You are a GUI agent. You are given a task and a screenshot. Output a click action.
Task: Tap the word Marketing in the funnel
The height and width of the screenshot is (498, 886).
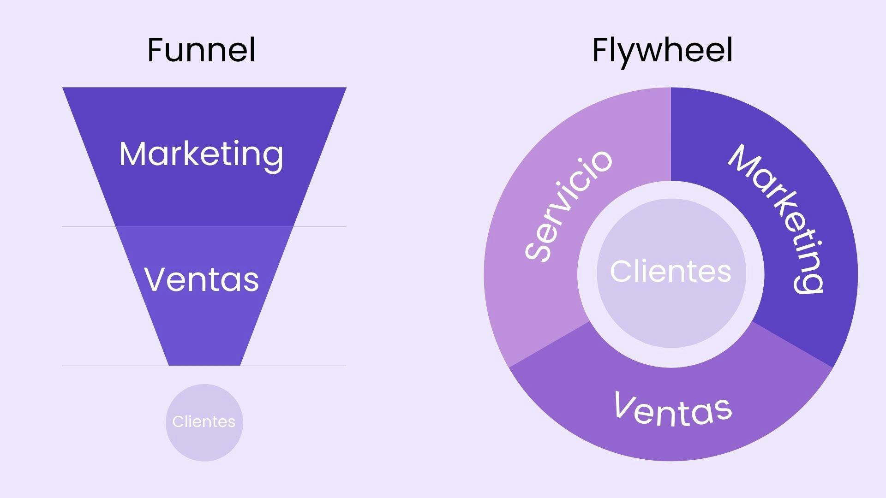[201, 154]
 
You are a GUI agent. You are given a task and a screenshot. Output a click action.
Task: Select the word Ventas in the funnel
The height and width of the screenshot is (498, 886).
[202, 279]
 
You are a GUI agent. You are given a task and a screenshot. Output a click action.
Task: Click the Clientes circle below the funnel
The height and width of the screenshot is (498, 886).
[204, 422]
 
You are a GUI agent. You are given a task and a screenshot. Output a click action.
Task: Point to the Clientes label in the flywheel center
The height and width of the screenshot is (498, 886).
[670, 271]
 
